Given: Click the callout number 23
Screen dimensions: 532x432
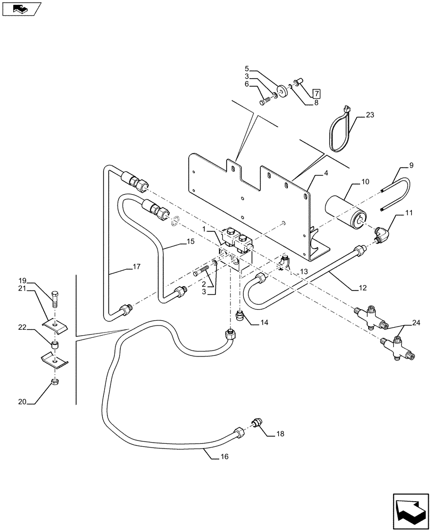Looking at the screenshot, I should [x=370, y=114].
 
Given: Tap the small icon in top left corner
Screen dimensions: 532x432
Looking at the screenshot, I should [x=21, y=9].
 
